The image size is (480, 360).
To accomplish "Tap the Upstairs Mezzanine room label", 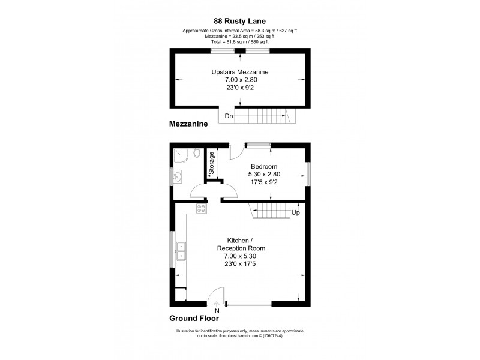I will [240, 71].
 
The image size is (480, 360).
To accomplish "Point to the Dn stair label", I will [229, 116].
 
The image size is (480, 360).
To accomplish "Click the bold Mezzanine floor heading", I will [188, 125].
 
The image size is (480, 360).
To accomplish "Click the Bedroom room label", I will [264, 166].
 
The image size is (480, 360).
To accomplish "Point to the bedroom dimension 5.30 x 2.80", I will [264, 174].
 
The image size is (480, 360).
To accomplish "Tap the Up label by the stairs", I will [295, 213].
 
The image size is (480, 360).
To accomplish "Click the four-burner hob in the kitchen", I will [201, 209].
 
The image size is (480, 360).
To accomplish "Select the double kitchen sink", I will [181, 251].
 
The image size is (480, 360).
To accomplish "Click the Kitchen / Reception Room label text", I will [240, 244].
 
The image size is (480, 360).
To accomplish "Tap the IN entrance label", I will [217, 311].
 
